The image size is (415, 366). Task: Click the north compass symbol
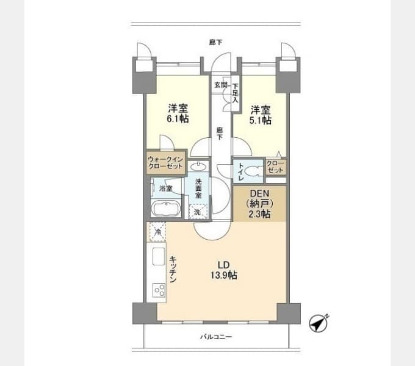point(319,323)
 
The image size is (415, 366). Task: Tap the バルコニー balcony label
point(216,337)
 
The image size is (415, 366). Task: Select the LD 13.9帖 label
point(223,270)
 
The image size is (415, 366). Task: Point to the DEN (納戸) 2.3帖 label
point(259,204)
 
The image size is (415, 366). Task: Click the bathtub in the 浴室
point(166,209)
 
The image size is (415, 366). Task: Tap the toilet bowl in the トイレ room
point(253,171)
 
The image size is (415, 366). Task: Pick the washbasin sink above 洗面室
point(198,167)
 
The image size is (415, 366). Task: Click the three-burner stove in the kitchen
point(160,290)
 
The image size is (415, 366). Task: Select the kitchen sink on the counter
point(159,256)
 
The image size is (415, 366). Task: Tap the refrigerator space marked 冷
point(157,232)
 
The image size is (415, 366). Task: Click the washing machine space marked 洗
point(198,212)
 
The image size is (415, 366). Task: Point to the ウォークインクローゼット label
point(165,163)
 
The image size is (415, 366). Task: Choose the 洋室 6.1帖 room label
point(178,113)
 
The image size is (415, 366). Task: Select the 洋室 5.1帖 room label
point(261,115)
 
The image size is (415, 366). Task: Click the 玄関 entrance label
point(221,85)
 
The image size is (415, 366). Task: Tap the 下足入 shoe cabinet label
point(236,93)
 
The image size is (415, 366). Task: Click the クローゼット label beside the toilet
point(275,167)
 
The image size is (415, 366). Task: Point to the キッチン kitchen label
point(173,269)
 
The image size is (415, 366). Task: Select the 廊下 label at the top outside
point(215,42)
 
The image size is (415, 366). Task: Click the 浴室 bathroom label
point(166,188)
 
